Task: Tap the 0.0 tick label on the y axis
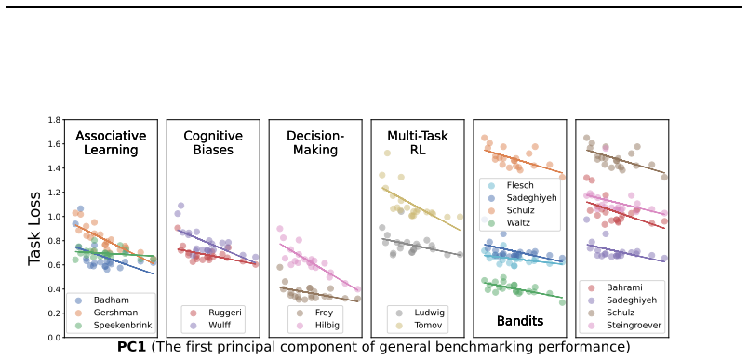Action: pos(54,338)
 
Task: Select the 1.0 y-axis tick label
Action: pos(54,217)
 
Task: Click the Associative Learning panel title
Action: pos(111,143)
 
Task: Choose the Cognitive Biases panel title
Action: pos(213,143)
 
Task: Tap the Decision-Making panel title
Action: pos(315,143)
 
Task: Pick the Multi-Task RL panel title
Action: pos(418,143)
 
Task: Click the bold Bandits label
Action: pos(520,321)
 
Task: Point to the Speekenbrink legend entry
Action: pos(114,326)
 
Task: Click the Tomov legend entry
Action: pos(420,326)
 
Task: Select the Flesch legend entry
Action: pos(512,185)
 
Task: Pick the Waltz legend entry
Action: pos(511,222)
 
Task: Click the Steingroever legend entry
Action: pos(621,326)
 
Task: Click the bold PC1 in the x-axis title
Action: pos(131,347)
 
